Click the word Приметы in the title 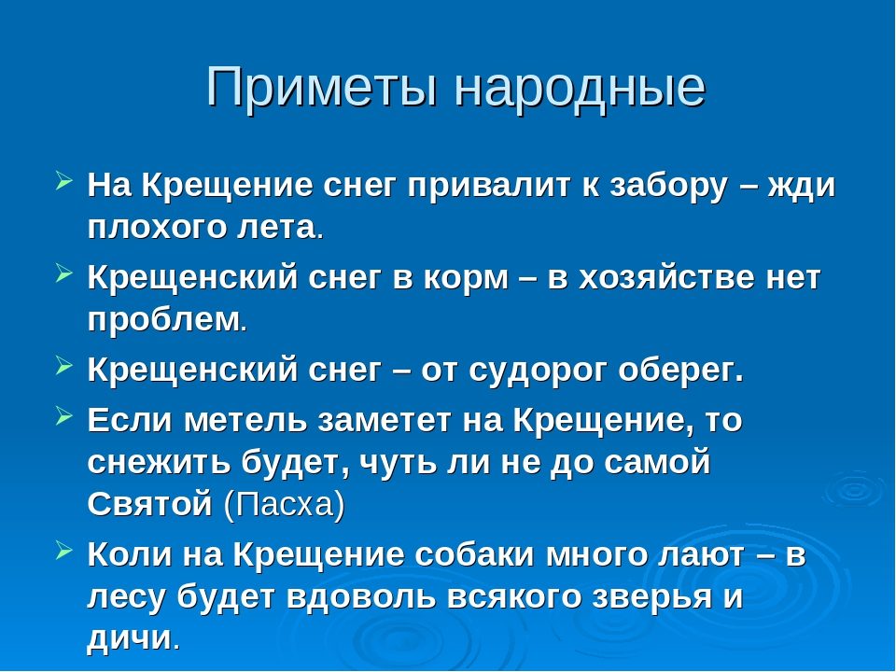pos(322,88)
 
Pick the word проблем pos(163,320)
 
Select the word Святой pos(149,505)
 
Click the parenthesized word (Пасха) pos(285,505)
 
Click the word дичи pos(129,637)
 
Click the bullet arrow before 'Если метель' pos(64,416)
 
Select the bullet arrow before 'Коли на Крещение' pos(64,551)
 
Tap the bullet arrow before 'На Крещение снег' pos(64,182)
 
